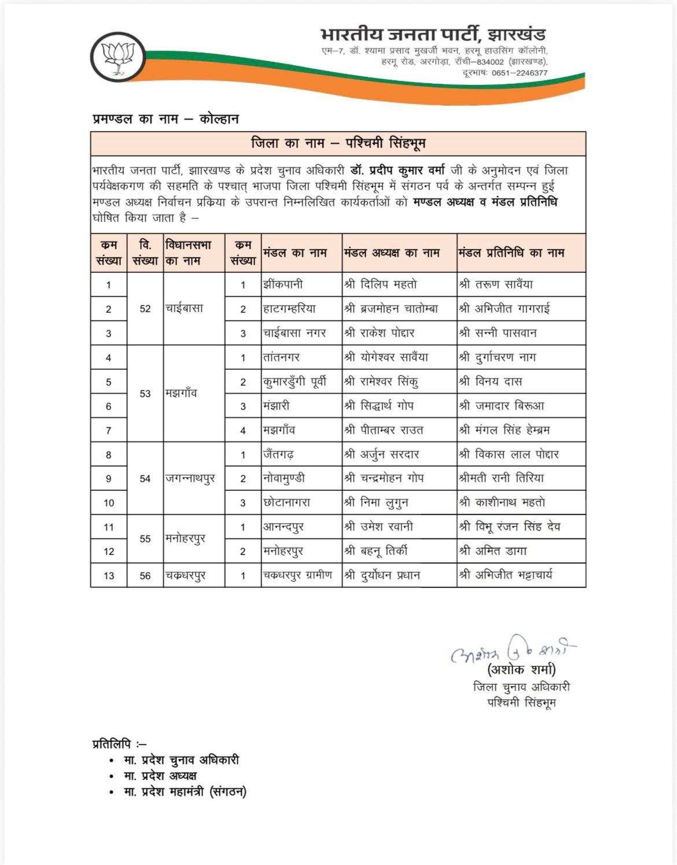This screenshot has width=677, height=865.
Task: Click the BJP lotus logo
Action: pyautogui.click(x=118, y=57)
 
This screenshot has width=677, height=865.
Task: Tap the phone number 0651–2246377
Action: pyautogui.click(x=520, y=73)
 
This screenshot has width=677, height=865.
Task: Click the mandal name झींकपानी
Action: pyautogui.click(x=283, y=284)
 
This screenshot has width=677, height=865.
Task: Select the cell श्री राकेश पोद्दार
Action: pyautogui.click(x=380, y=333)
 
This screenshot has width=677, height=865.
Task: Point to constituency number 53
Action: pyautogui.click(x=145, y=394)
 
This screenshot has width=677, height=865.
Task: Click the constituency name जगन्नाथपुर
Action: pyautogui.click(x=190, y=479)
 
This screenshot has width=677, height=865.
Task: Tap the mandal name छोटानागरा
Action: pyautogui.click(x=287, y=503)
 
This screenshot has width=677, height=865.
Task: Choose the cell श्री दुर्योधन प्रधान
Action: pyautogui.click(x=382, y=575)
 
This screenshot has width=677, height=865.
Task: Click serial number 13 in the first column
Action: pyautogui.click(x=109, y=576)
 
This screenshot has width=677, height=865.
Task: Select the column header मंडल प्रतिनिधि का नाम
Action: pyautogui.click(x=512, y=253)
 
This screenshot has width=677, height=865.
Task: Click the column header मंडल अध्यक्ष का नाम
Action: pyautogui.click(x=392, y=253)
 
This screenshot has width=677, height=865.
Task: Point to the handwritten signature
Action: pyautogui.click(x=513, y=650)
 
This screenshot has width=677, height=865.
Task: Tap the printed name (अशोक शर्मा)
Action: pyautogui.click(x=522, y=670)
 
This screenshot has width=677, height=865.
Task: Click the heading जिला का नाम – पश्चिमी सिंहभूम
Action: pyautogui.click(x=338, y=143)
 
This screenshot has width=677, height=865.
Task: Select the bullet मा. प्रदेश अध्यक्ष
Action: pyautogui.click(x=160, y=776)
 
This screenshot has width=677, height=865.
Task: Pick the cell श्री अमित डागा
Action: pyautogui.click(x=493, y=551)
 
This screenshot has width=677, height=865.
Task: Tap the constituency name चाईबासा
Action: pyautogui.click(x=184, y=309)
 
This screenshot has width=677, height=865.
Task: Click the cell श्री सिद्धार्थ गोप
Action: pyautogui.click(x=379, y=406)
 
